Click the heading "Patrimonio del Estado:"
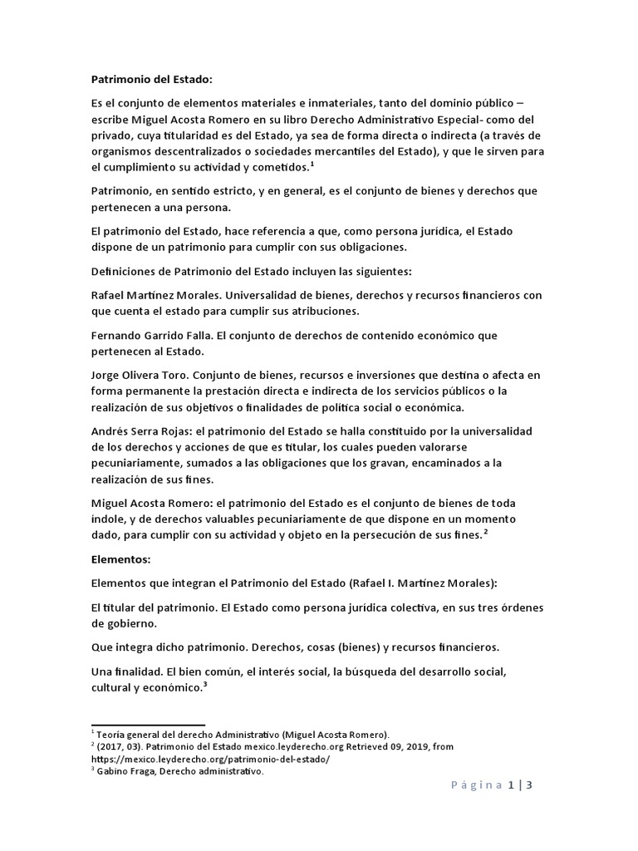pyautogui.click(x=151, y=80)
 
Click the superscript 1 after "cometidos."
pyautogui.click(x=312, y=164)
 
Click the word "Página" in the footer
pyautogui.click(x=477, y=785)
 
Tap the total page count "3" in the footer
pyautogui.click(x=528, y=785)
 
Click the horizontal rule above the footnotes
pyautogui.click(x=147, y=726)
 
